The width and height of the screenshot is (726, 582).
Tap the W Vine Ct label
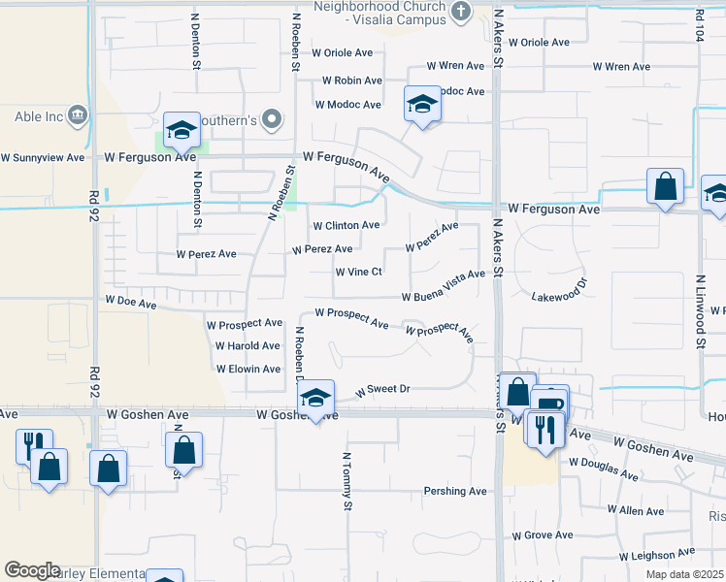coord(358,273)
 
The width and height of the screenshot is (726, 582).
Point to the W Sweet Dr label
coord(383,389)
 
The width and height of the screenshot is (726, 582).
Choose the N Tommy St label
coord(346,480)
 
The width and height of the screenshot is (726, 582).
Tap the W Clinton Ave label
coord(346,225)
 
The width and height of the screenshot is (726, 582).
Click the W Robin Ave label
coord(351,81)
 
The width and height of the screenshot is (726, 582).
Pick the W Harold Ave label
coord(247,345)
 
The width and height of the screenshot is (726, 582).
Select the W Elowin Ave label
coord(248,370)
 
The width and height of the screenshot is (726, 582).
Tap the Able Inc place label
coord(39,117)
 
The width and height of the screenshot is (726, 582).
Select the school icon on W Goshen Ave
coord(315,398)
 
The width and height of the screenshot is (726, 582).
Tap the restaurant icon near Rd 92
coord(33,444)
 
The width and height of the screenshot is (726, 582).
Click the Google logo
coord(32,570)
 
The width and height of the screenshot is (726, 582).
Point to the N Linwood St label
coord(700,311)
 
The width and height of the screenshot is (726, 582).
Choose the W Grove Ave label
coord(543,535)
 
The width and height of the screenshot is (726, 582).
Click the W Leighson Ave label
coord(665,557)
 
